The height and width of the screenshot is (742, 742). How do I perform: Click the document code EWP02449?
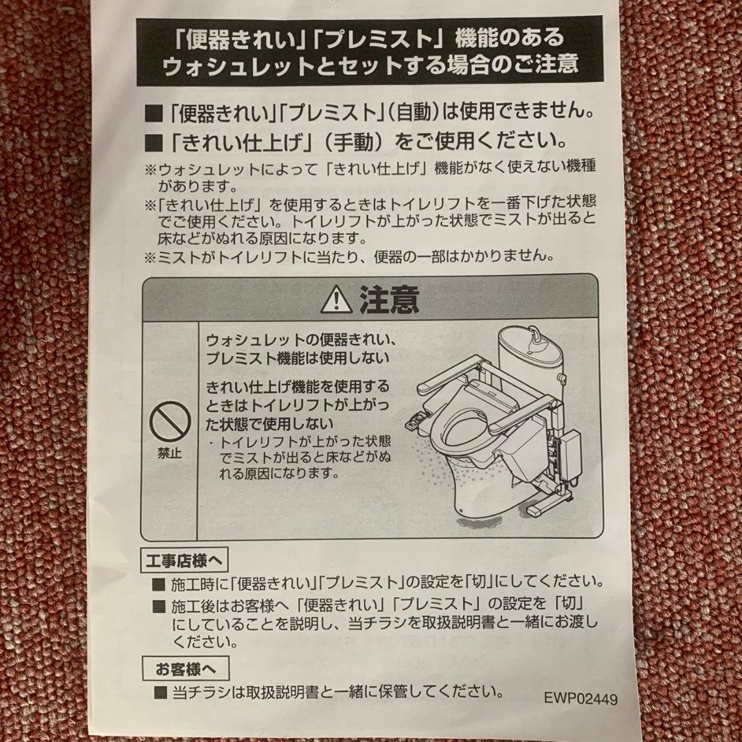(581, 698)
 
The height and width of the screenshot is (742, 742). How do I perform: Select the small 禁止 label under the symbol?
(170, 453)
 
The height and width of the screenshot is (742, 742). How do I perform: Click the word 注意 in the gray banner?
(389, 300)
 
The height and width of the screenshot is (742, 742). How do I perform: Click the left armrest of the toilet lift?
(447, 375)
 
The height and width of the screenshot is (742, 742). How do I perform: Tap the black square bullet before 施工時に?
(159, 585)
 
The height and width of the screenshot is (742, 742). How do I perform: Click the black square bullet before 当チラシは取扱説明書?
(159, 690)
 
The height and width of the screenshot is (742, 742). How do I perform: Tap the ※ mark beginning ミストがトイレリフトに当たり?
(150, 257)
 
